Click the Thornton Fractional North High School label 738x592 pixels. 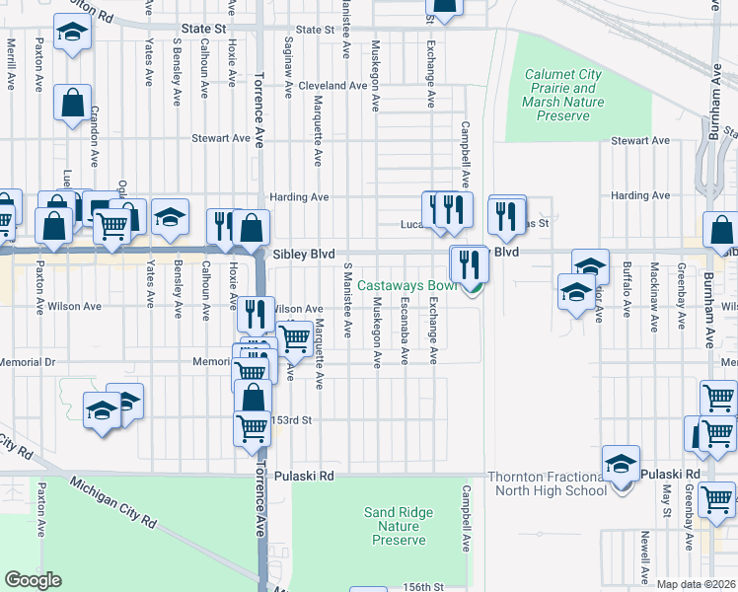(x=547, y=483)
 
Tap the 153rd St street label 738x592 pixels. (x=292, y=419)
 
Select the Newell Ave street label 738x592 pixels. (x=644, y=557)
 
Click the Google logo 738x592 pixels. (x=34, y=580)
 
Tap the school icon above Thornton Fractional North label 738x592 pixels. (x=621, y=463)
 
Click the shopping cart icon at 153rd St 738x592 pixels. (x=253, y=428)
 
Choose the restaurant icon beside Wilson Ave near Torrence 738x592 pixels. (x=256, y=314)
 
